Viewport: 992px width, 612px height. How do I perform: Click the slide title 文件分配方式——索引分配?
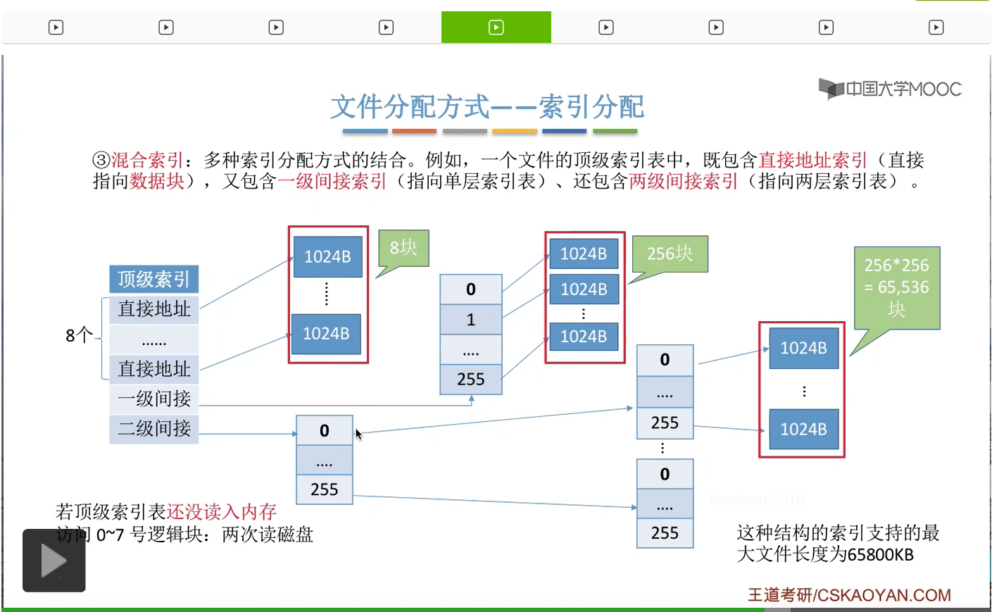point(487,107)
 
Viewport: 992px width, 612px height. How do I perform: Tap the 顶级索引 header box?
point(153,279)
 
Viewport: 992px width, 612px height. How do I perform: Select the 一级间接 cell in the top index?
point(153,399)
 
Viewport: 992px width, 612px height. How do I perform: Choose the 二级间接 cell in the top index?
point(153,428)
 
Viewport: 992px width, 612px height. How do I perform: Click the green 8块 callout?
point(403,248)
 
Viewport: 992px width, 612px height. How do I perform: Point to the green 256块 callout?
point(670,254)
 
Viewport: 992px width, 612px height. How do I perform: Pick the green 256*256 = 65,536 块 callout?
point(896,287)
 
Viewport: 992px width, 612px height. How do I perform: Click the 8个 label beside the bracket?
point(79,335)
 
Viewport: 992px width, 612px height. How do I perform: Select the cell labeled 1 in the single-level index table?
point(470,320)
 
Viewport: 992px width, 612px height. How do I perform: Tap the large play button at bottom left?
point(54,561)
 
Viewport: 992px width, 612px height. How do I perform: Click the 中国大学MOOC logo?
point(890,89)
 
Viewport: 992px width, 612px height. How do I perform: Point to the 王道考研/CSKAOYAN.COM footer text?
point(848,595)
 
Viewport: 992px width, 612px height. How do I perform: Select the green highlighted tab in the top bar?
point(496,27)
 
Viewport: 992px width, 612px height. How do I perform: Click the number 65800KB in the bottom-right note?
point(881,555)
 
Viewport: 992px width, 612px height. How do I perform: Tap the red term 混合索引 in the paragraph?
point(147,160)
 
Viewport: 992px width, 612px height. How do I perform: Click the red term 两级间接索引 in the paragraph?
point(683,182)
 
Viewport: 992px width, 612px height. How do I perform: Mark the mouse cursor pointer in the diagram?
point(358,434)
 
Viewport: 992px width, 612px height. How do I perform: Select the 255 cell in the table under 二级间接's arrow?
point(324,489)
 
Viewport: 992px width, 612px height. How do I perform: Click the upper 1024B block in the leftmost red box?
point(327,256)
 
